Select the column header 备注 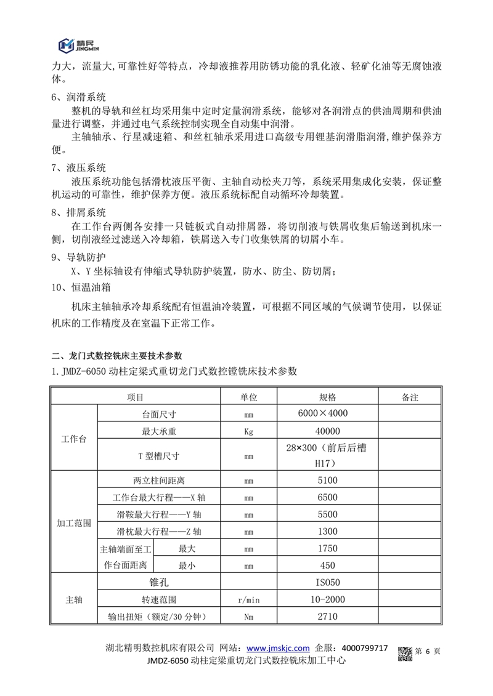coord(409,398)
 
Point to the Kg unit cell coord(249,431)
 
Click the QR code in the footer coord(403,653)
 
